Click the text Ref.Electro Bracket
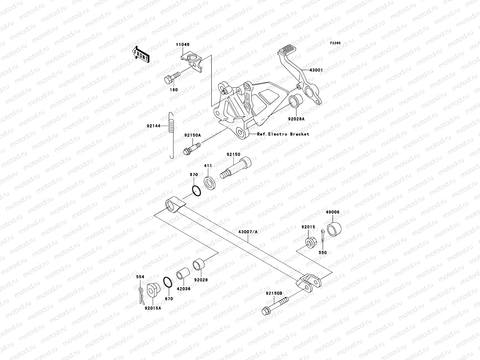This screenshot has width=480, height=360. (x=283, y=134)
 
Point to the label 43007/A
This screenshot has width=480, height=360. (x=248, y=232)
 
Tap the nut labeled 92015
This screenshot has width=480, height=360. (x=310, y=241)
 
